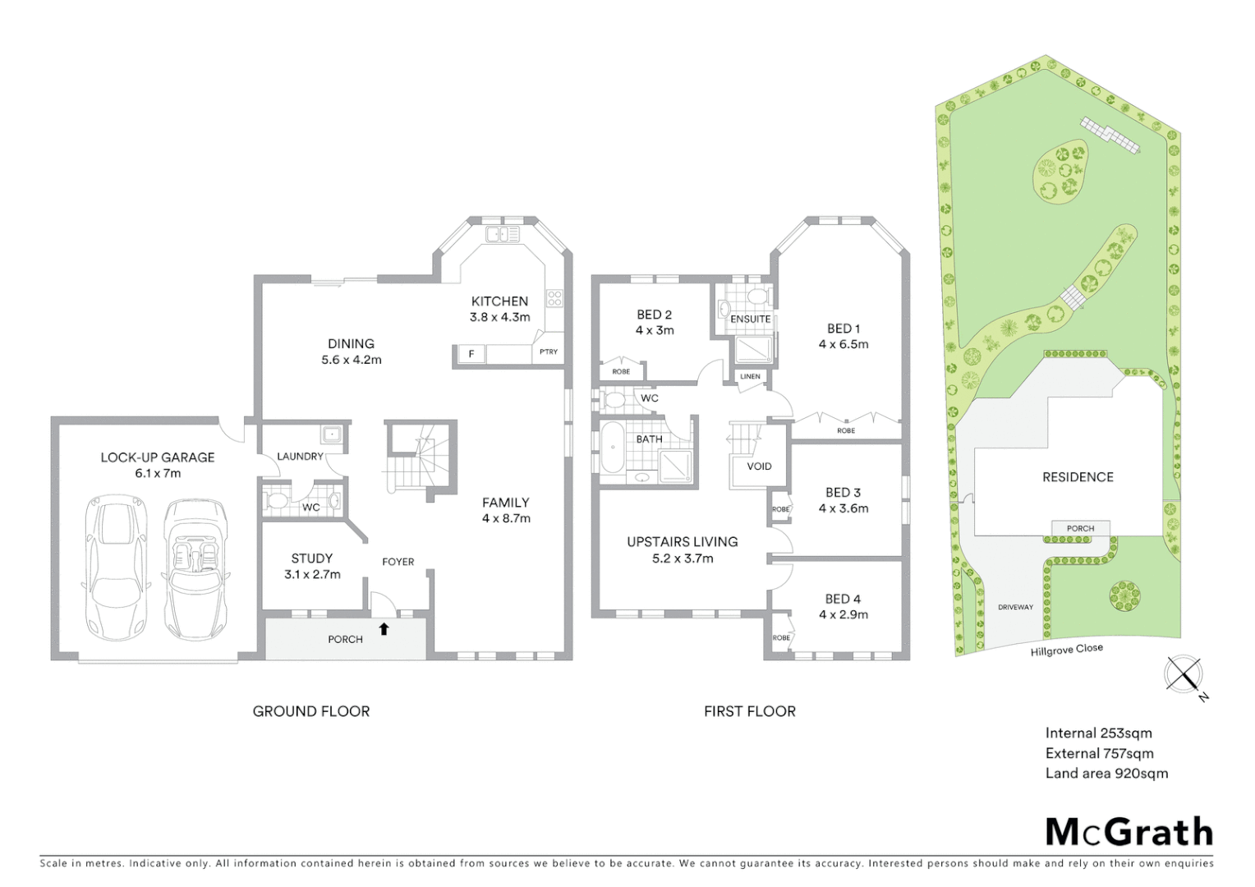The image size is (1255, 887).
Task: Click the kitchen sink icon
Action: pos(503,235)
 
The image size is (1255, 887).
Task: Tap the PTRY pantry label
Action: pos(549,352)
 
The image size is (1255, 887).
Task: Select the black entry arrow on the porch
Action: pos(384,629)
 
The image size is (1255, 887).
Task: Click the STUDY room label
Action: pos(311,558)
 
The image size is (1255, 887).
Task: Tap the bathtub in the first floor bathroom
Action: pos(611,448)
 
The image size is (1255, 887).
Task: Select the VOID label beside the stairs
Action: pos(759,466)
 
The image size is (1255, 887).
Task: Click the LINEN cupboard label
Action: pos(750,377)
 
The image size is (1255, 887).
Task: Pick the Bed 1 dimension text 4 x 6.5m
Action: pos(843,344)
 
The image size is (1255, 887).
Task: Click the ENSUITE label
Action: pos(750,319)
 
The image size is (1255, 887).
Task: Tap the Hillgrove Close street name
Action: pos(1066,650)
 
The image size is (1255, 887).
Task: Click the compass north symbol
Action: pos(1184,674)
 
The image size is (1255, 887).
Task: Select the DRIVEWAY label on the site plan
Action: pos(1015,607)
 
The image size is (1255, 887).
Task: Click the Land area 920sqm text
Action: pos(1106,773)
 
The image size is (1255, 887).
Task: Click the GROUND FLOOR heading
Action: pos(311,711)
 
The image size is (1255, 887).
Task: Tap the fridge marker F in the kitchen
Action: pos(471,354)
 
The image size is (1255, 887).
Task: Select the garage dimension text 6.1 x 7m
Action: pos(158,473)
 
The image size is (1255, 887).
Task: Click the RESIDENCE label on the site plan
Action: pos(1078,477)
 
